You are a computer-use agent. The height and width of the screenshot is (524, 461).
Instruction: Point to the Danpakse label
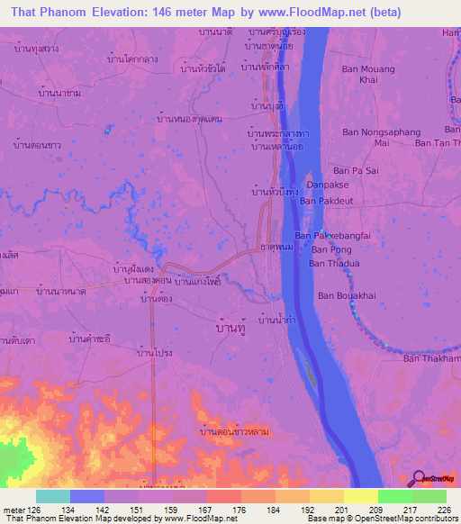click(327, 185)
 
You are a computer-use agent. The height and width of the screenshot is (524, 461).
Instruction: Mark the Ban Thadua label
click(334, 264)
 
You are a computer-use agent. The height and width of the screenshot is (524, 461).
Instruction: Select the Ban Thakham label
click(431, 358)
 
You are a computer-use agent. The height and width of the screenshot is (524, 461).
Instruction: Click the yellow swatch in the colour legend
click(360, 496)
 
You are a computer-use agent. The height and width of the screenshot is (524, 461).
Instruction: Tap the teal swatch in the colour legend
click(53, 496)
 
